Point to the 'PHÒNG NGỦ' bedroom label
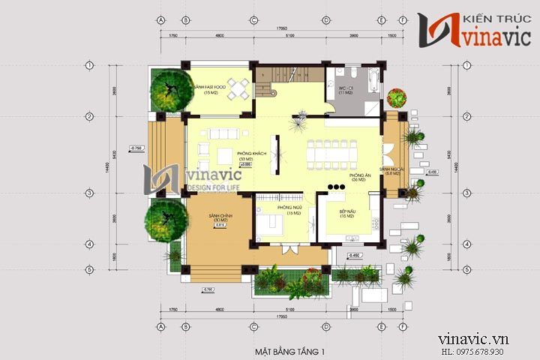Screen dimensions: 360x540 pos(289,207)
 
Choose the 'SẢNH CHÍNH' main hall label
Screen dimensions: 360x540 pos(220,217)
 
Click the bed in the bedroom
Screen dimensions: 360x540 pos(271,224)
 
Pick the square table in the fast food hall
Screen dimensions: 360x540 pos(238,89)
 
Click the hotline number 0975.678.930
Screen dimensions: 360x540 pos(493,351)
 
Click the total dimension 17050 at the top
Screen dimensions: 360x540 pos(281,28)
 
